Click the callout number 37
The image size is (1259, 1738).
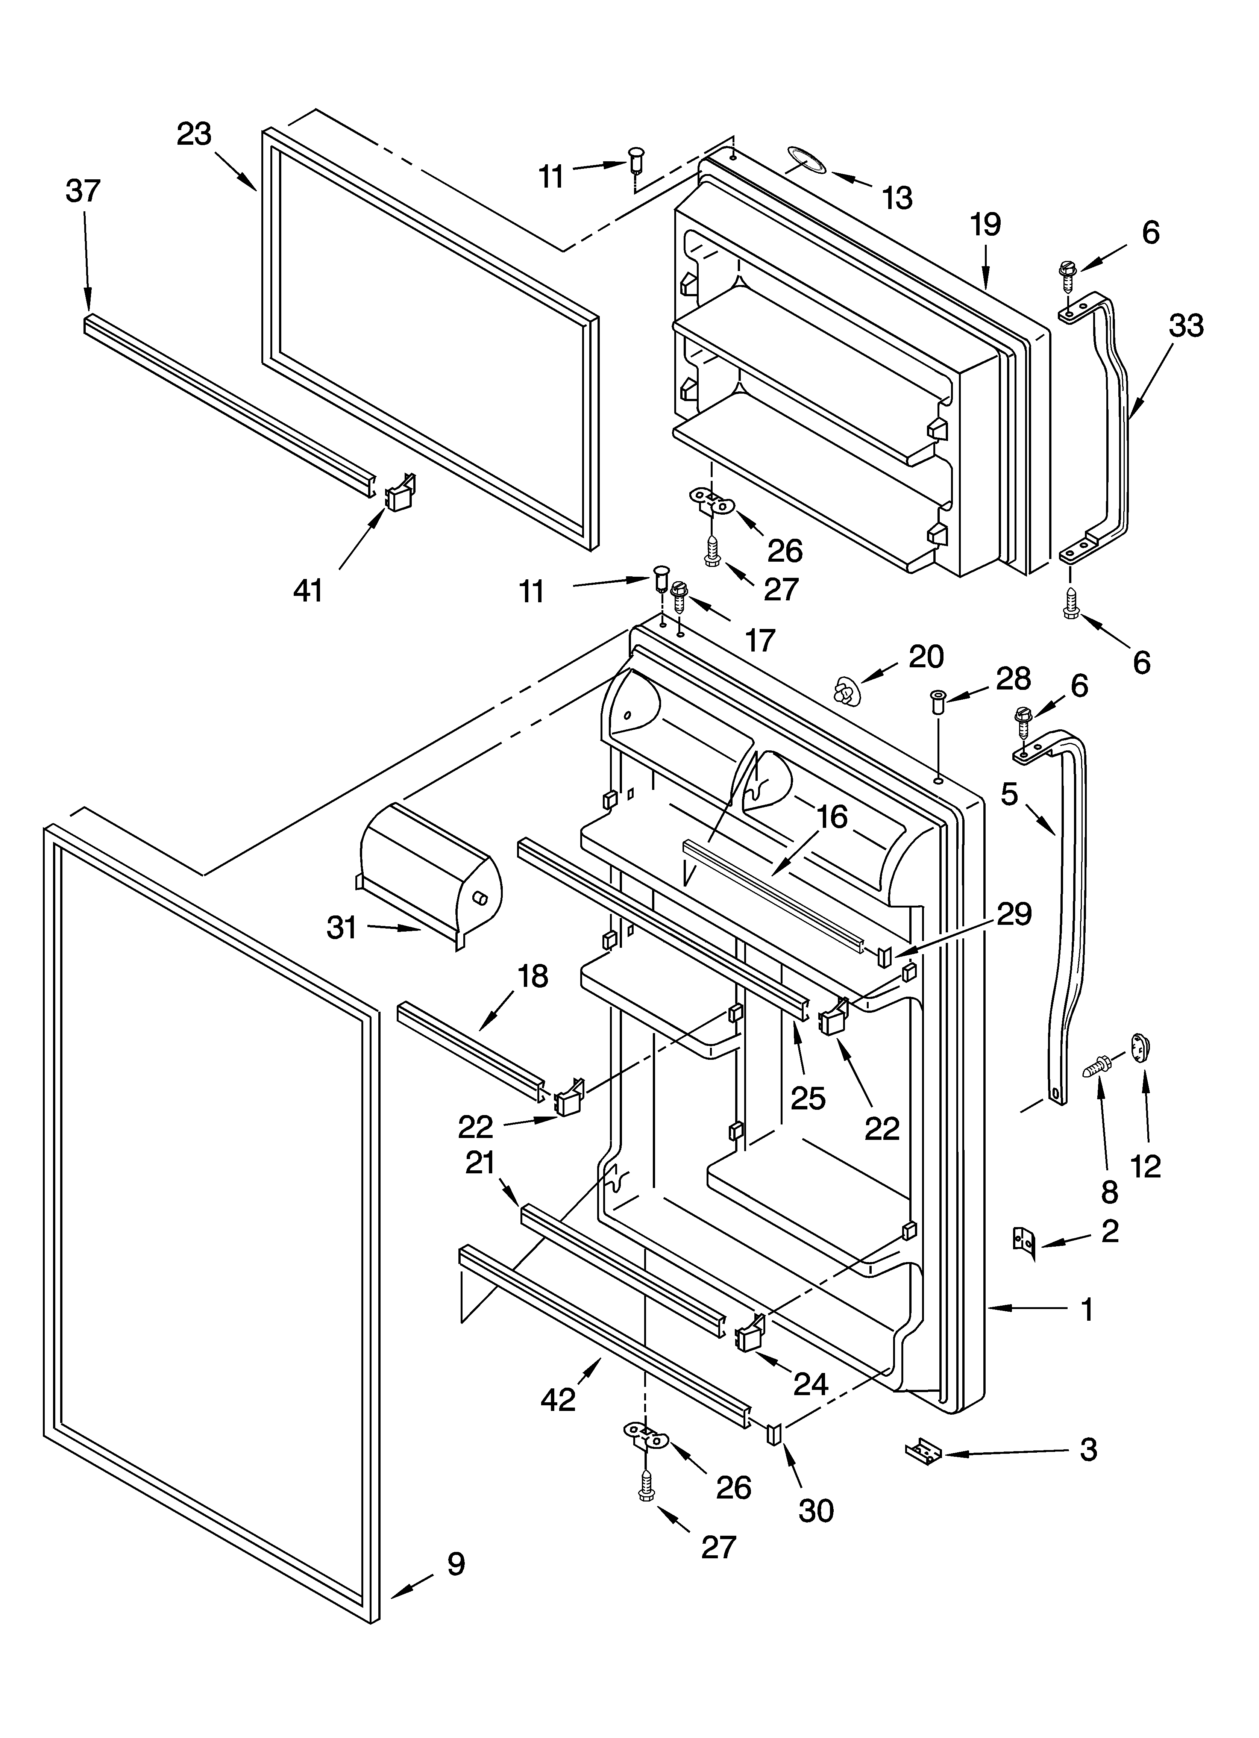coord(83,191)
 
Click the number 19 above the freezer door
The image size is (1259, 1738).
coord(985,225)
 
